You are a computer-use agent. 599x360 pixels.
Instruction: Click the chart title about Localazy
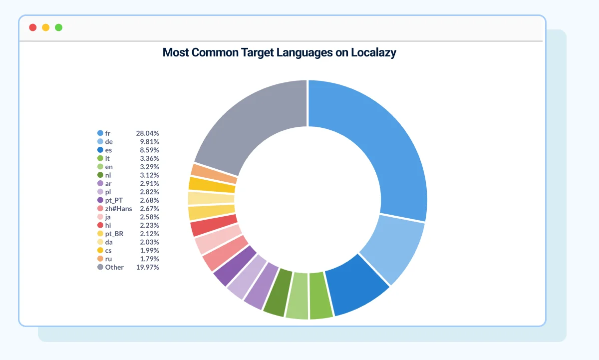pos(280,52)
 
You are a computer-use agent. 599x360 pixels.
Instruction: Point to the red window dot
pos(33,27)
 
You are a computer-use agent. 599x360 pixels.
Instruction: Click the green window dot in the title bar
pos(58,27)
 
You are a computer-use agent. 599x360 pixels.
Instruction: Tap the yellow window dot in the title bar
pos(45,27)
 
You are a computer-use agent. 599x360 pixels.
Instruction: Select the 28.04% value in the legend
pos(147,133)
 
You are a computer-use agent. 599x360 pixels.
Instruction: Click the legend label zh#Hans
pos(119,208)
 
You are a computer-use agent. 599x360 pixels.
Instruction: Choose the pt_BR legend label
pos(115,234)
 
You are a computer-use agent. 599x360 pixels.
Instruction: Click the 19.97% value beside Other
pos(147,267)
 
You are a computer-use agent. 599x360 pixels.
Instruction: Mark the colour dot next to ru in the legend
pos(100,259)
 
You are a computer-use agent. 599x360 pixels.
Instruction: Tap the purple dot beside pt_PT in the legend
pos(100,200)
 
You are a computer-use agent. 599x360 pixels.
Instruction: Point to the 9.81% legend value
pos(149,142)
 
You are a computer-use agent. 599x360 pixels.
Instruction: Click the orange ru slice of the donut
pos(214,173)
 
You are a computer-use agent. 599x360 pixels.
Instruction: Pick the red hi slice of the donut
pos(214,226)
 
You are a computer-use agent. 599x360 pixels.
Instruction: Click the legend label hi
pos(108,225)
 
